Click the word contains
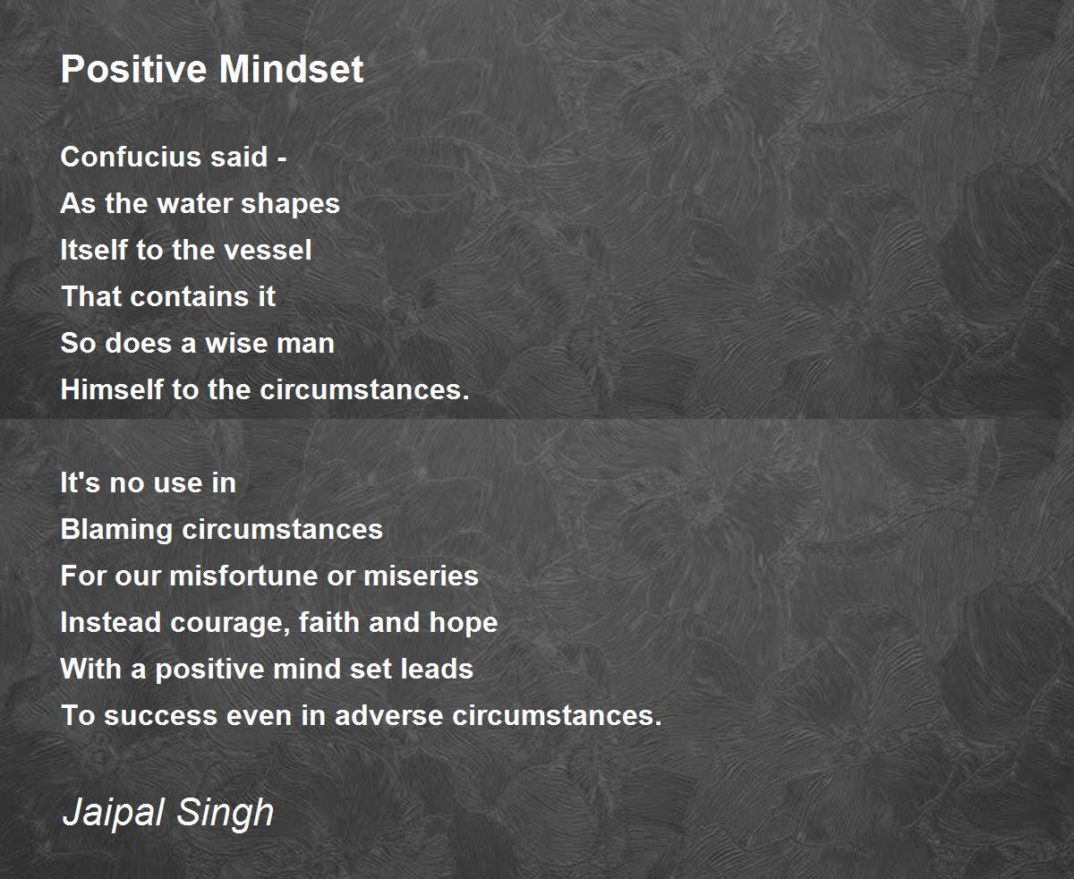[x=171, y=296]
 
